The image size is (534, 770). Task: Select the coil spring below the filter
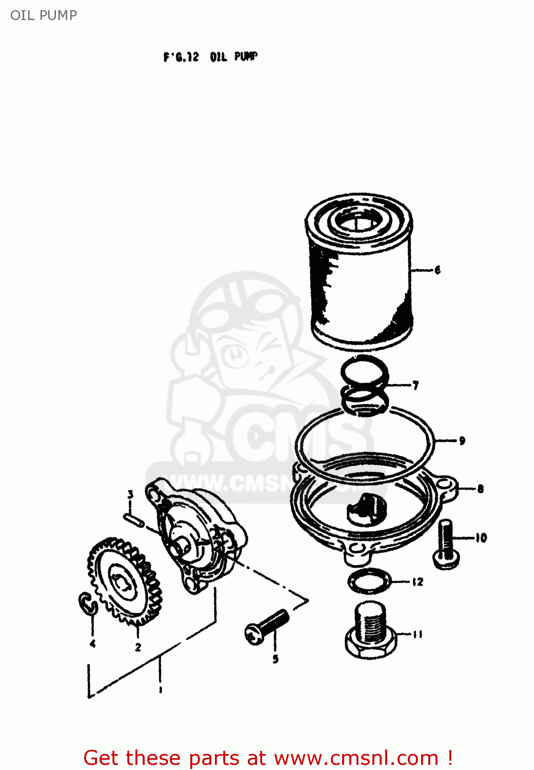tap(365, 385)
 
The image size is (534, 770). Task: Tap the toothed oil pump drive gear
tap(124, 581)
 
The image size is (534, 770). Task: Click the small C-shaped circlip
tap(88, 603)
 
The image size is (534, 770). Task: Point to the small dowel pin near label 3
tap(133, 519)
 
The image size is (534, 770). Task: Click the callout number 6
tap(437, 270)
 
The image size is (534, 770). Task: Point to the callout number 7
tap(416, 385)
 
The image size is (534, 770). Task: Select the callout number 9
tap(462, 440)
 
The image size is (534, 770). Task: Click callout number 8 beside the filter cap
tap(480, 489)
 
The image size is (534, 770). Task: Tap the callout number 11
tap(418, 634)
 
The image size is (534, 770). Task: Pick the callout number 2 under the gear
tap(138, 647)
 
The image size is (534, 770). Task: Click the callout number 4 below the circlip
tap(93, 644)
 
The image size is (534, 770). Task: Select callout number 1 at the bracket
tap(161, 690)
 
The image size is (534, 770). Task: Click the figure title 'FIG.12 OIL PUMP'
tap(210, 56)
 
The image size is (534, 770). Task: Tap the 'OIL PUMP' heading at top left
tap(44, 15)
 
